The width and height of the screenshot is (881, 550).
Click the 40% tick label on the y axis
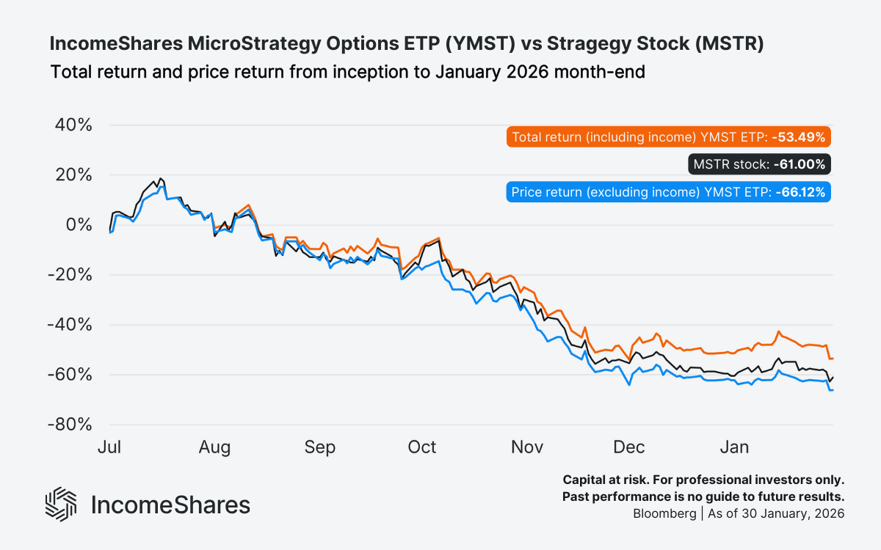pyautogui.click(x=73, y=125)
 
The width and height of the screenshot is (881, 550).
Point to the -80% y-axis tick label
pyautogui.click(x=70, y=425)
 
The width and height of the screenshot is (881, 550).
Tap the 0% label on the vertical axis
pyautogui.click(x=79, y=224)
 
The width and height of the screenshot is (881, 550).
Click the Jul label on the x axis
pyautogui.click(x=109, y=447)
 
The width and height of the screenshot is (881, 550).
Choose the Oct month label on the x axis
pyautogui.click(x=422, y=447)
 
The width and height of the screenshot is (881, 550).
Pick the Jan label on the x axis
pyautogui.click(x=734, y=447)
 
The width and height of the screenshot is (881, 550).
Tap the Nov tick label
pyautogui.click(x=526, y=447)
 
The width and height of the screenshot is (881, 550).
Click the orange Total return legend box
pyautogui.click(x=669, y=137)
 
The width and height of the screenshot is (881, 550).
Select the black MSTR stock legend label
pyautogui.click(x=760, y=164)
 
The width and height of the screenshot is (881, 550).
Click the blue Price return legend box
pyautogui.click(x=669, y=192)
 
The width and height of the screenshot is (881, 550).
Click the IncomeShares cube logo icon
pyautogui.click(x=61, y=505)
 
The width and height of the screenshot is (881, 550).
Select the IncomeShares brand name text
pyautogui.click(x=170, y=505)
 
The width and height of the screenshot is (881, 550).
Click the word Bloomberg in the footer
pyautogui.click(x=664, y=513)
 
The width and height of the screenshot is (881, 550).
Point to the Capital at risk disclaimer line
pyautogui.click(x=703, y=480)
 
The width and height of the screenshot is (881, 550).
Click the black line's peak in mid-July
pyautogui.click(x=160, y=178)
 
